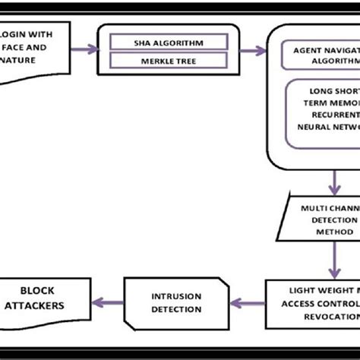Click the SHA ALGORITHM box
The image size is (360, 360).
click(169, 42)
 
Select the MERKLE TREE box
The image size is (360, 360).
click(169, 59)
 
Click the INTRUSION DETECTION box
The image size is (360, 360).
click(176, 302)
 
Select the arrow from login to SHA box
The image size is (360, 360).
click(84, 49)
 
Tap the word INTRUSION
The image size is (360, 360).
click(176, 295)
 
